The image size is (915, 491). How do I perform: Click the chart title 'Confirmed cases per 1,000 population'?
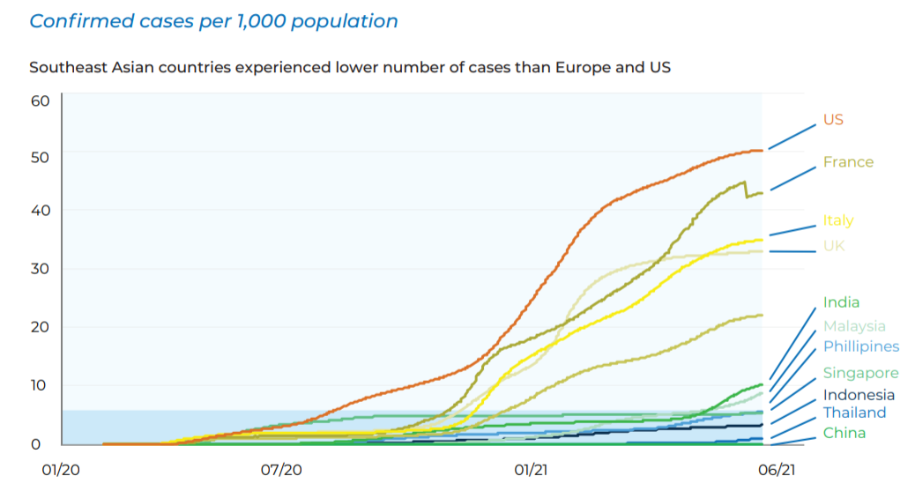click(x=213, y=21)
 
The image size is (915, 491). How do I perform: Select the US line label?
click(x=833, y=119)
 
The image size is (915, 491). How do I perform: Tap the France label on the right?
click(x=848, y=162)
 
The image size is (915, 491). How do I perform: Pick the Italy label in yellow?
click(x=838, y=220)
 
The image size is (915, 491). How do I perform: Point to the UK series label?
click(x=834, y=245)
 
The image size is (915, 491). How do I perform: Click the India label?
click(x=841, y=302)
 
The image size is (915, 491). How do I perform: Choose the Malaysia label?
click(x=854, y=326)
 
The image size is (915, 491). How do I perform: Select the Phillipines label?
click(x=861, y=346)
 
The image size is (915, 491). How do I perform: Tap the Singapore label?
click(x=860, y=373)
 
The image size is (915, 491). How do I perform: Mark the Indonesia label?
click(x=859, y=395)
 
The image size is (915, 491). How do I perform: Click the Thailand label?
click(x=854, y=413)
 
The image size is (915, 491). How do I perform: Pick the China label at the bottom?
click(x=844, y=433)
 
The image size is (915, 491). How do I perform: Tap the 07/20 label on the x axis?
click(x=282, y=471)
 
